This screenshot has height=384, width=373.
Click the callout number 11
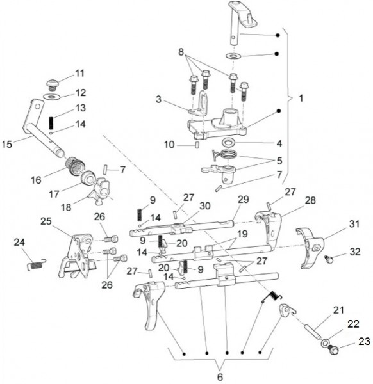pos(79,73)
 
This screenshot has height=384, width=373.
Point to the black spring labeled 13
pos(51,123)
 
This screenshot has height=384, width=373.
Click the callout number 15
pos(7,144)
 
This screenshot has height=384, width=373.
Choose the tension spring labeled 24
pos(37,265)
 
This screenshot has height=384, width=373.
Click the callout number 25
pos(46,221)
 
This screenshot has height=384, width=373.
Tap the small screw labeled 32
pos(328,259)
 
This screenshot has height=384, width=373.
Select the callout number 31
pos(354,224)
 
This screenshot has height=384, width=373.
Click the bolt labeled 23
pos(333,349)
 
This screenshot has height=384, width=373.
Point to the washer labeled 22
pos(325,342)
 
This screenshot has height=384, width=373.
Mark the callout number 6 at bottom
pos(220,377)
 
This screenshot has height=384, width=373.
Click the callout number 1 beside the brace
pos(301,99)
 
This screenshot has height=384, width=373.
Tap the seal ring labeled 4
pos(229,142)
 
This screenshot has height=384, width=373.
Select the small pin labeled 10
pos(197,145)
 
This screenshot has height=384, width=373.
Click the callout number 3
pos(159,99)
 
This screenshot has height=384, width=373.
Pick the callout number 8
pos(181,52)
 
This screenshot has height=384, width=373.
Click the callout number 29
pos(244,199)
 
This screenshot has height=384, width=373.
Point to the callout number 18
pos(66,207)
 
